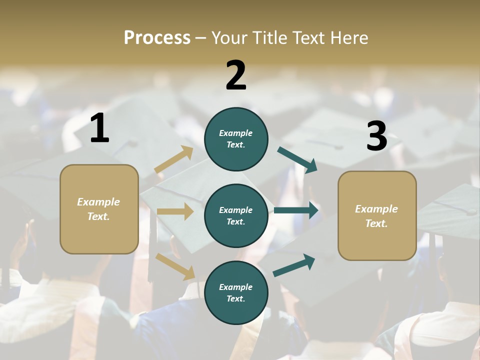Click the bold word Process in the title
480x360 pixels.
[x=157, y=37]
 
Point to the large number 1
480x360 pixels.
[x=99, y=128]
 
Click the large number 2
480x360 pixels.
[x=236, y=75]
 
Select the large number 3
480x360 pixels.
[x=376, y=136]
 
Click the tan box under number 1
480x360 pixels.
[x=99, y=209]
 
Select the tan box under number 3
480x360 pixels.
[x=377, y=216]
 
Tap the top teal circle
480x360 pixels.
[x=236, y=139]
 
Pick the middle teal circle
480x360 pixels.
[x=236, y=215]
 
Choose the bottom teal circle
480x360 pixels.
[x=236, y=292]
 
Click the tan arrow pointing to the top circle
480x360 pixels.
[x=174, y=159]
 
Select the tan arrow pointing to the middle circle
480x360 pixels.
[x=175, y=211]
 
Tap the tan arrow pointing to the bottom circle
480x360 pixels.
[x=175, y=266]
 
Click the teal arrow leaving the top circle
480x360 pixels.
[x=297, y=159]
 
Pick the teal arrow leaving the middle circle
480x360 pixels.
[x=296, y=210]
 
